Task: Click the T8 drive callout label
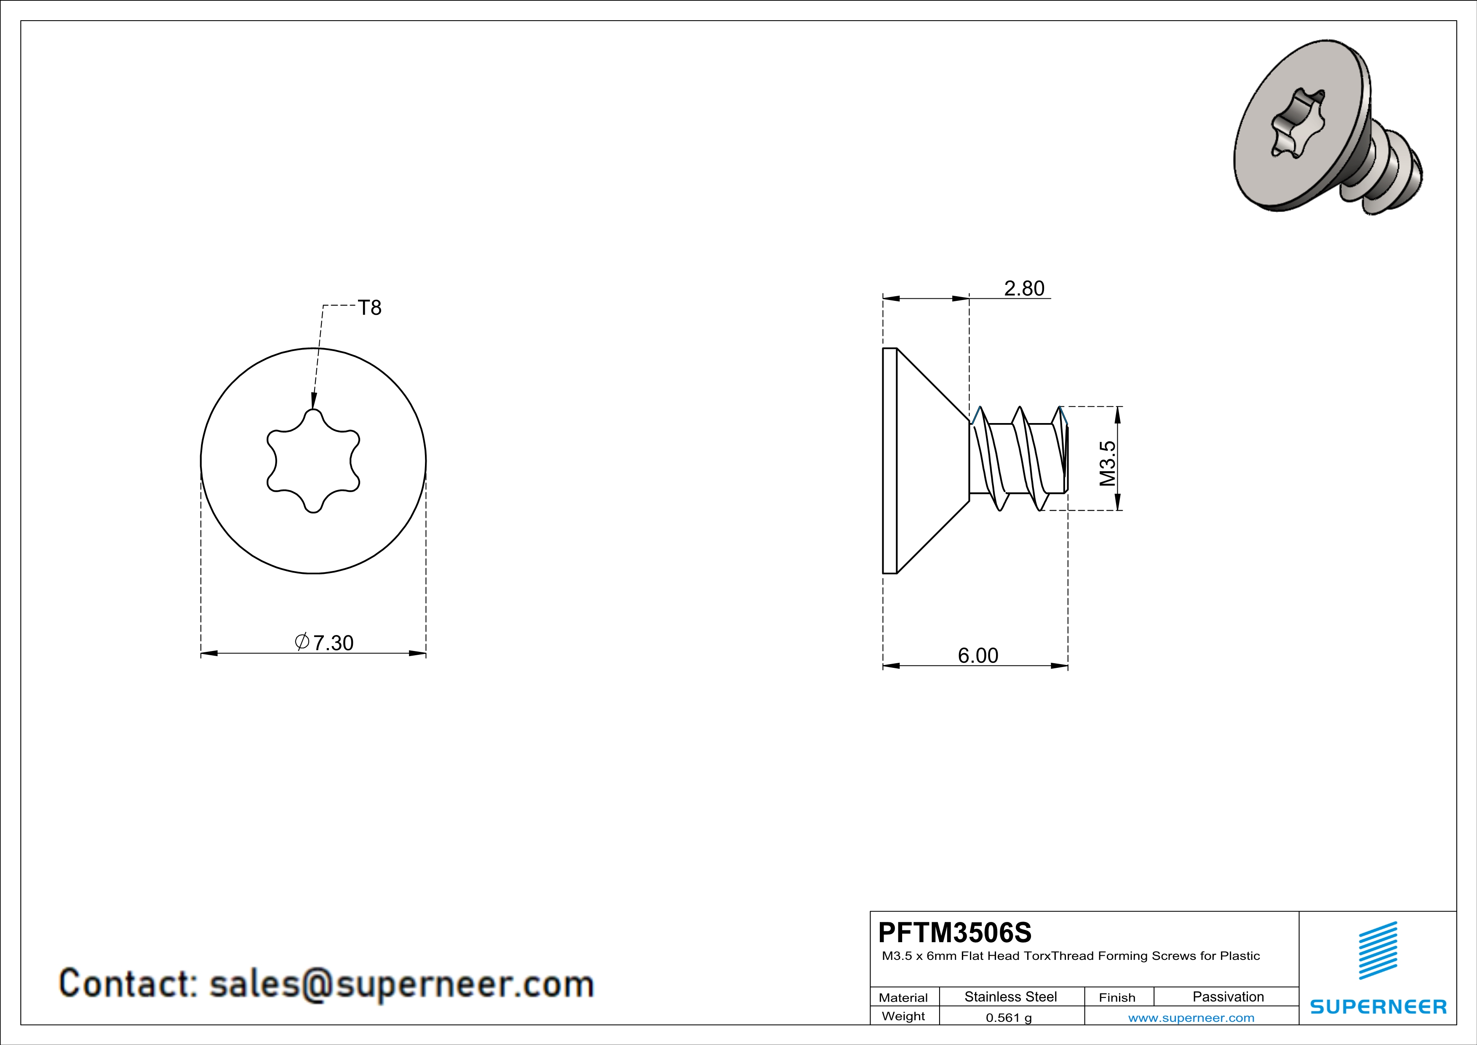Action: point(369,308)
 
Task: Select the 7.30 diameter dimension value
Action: point(333,643)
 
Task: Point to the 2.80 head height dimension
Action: point(1024,288)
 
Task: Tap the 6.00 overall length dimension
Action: point(978,656)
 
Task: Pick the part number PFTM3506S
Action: point(955,932)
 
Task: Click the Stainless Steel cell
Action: point(1011,997)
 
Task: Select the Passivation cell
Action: point(1228,997)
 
